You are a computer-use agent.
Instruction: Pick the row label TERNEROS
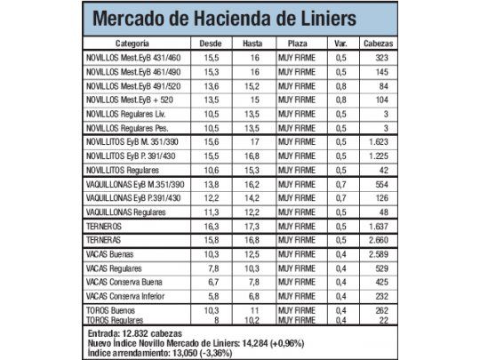(x=105, y=227)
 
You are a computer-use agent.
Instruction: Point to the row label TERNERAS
(x=105, y=240)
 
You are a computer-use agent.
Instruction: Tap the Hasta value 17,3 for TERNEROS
(x=252, y=227)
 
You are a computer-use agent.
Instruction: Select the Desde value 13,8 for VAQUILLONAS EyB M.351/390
(x=212, y=183)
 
